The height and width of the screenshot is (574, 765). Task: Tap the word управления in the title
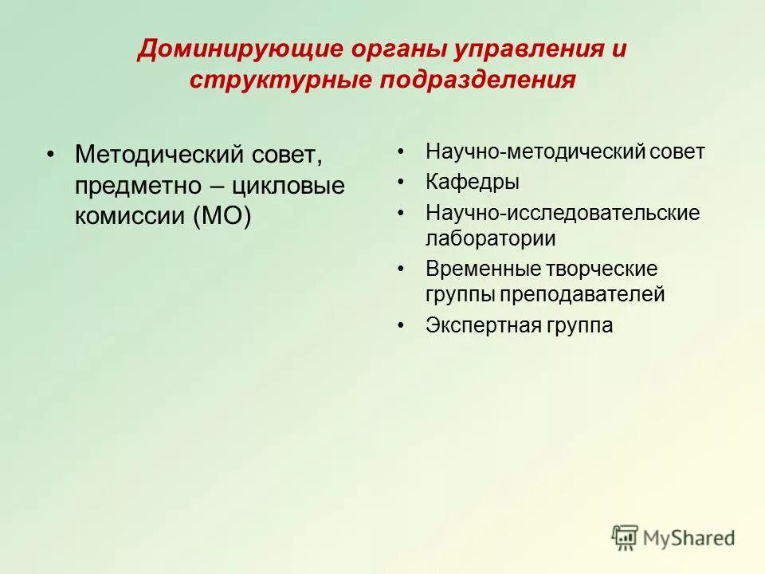coord(528,49)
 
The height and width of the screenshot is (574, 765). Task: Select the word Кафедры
coord(473,183)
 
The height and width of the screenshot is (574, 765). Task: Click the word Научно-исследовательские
coord(563,213)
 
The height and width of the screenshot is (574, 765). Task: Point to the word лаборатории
coord(491,238)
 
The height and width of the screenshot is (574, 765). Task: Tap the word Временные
coord(484,269)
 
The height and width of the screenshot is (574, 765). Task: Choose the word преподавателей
coord(583,294)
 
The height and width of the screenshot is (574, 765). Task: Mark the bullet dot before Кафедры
coord(402,183)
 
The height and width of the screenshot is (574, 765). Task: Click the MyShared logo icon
coord(626,538)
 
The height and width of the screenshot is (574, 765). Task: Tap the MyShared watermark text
coord(689,539)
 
